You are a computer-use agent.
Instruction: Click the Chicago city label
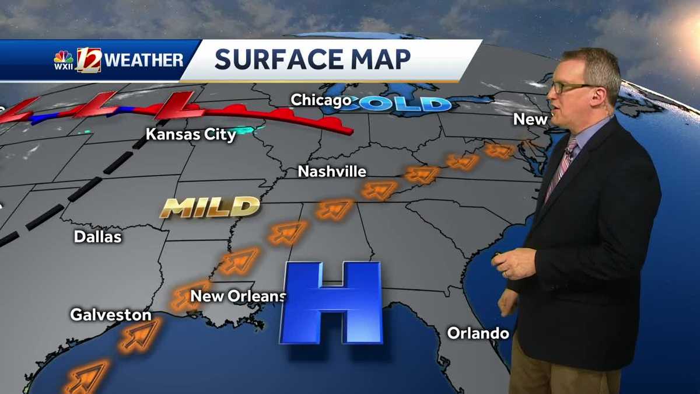coord(321,100)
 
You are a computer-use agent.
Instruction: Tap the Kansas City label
coord(191,135)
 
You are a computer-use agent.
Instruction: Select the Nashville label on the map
coord(332,172)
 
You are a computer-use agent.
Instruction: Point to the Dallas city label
coord(97,236)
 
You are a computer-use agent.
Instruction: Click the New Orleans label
coord(238,296)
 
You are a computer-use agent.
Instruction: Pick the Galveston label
coord(111,315)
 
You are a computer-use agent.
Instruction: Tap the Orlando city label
coord(478,334)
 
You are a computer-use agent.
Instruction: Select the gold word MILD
coord(210,207)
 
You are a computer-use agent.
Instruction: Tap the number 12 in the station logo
coord(89,60)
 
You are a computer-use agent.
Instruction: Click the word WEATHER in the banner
coord(144,60)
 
